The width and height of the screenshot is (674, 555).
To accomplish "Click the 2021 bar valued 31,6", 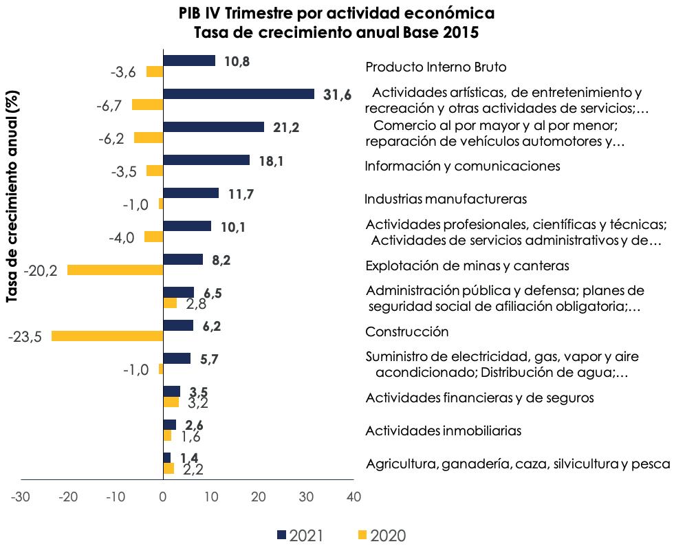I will pos(238,94).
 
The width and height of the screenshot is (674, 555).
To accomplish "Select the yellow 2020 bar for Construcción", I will pos(107,336).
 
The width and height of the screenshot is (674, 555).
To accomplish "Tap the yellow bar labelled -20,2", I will pos(115,270).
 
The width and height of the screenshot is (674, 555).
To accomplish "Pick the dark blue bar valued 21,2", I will pos(213,127).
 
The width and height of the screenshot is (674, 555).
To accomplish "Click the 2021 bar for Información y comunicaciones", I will pos(206,160).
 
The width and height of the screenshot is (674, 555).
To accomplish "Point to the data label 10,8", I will pos(237,61).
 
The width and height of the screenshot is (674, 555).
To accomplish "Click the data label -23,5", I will pos(25,337).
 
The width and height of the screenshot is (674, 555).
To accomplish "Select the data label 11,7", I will pos(241,194).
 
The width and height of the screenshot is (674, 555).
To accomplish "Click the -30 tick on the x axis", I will pos(21,496).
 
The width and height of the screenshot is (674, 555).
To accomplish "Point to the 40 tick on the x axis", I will pos(354,496).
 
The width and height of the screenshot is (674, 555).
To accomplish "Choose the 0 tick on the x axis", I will pos(163,496).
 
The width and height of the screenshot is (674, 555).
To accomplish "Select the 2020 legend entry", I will pos(382,536).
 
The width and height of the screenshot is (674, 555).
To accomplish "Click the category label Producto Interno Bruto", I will pos(435,67).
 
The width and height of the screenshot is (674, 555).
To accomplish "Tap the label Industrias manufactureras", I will pos(445,199).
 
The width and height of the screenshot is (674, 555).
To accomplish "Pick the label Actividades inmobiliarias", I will pos(443,431).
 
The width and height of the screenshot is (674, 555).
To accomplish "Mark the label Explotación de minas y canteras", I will pos(467,265).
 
